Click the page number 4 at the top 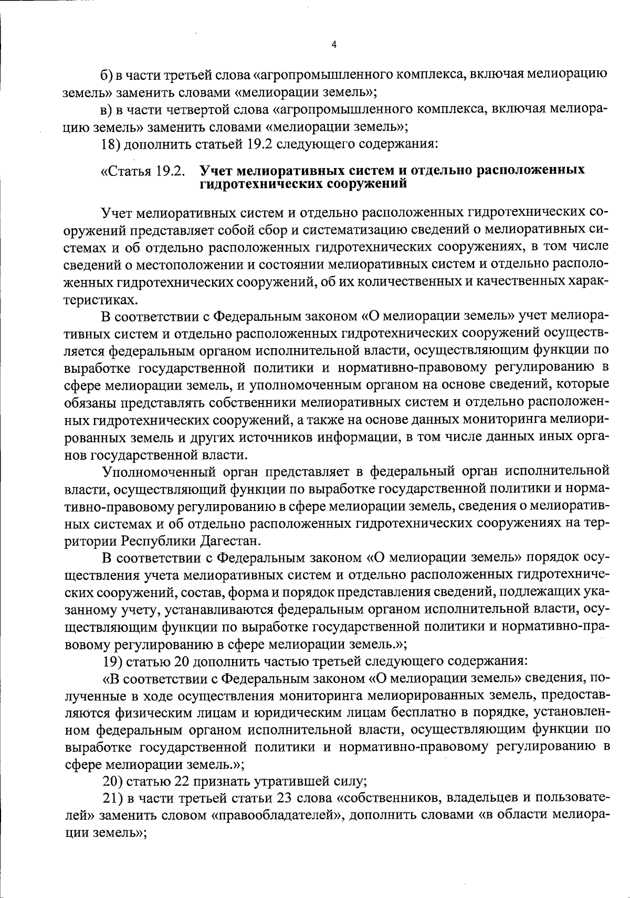tap(334, 45)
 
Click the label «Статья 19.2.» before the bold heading tap(143, 171)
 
